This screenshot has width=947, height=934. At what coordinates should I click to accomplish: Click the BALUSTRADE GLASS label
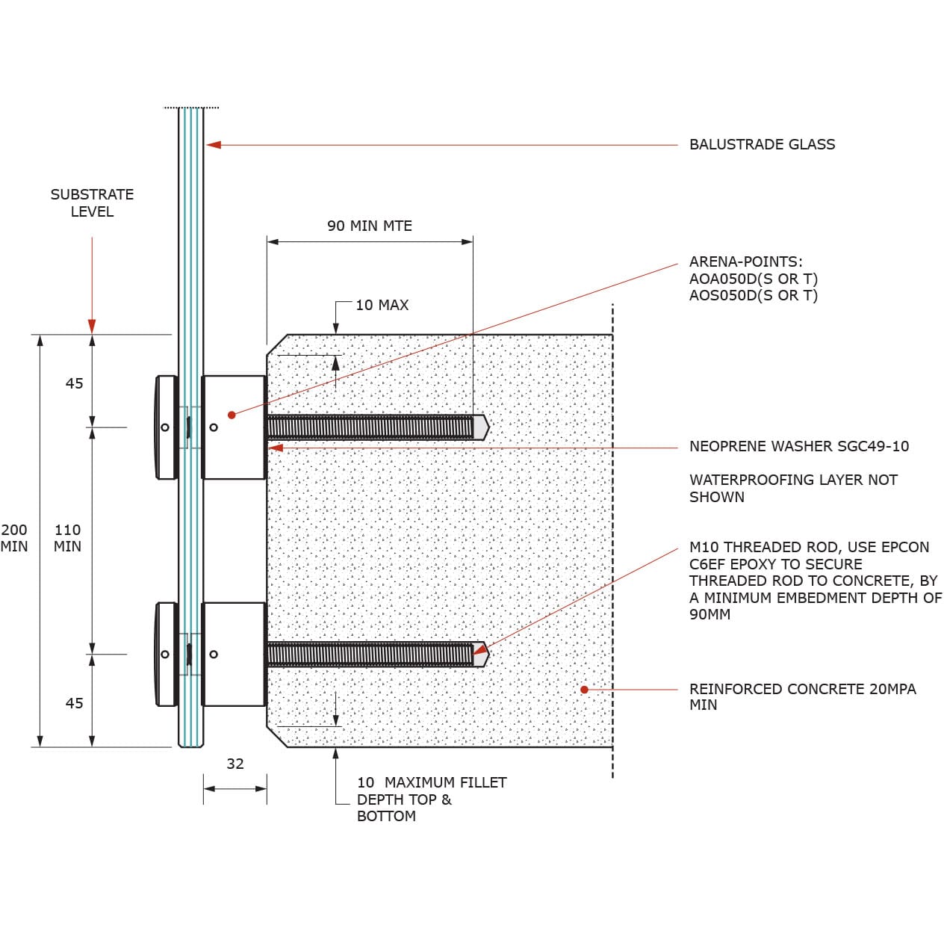click(x=762, y=144)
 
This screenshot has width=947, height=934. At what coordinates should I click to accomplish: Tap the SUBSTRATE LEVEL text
click(x=92, y=202)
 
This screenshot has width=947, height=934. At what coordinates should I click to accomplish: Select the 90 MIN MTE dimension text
click(x=369, y=226)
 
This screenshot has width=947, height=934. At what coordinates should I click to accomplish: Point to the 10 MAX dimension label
click(x=382, y=305)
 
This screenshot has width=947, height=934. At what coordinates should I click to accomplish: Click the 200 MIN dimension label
click(x=14, y=538)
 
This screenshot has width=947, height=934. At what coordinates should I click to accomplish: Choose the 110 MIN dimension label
click(x=67, y=538)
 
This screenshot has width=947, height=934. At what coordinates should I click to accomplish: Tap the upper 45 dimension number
click(x=74, y=383)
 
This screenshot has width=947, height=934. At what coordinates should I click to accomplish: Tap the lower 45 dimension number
click(x=74, y=703)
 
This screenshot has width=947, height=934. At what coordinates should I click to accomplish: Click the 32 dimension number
click(x=235, y=764)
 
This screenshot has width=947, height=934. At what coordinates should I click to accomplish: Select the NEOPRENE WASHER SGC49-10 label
click(x=798, y=446)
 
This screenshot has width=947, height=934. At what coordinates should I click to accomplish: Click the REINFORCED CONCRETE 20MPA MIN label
click(x=801, y=696)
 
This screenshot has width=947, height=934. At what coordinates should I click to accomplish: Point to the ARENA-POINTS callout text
click(x=753, y=278)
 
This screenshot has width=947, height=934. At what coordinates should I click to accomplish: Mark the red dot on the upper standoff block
click(x=232, y=415)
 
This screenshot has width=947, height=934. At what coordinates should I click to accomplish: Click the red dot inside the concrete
click(x=584, y=689)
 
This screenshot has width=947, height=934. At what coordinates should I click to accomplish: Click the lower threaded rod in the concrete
click(x=370, y=655)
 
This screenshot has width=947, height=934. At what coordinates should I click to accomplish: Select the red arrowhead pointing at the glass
click(x=214, y=144)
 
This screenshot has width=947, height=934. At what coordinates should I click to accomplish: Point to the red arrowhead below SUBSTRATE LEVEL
click(x=92, y=326)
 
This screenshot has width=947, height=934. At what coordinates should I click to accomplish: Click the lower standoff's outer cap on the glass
click(x=165, y=655)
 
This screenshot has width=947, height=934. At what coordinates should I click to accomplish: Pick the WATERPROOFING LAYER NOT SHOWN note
click(x=792, y=488)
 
